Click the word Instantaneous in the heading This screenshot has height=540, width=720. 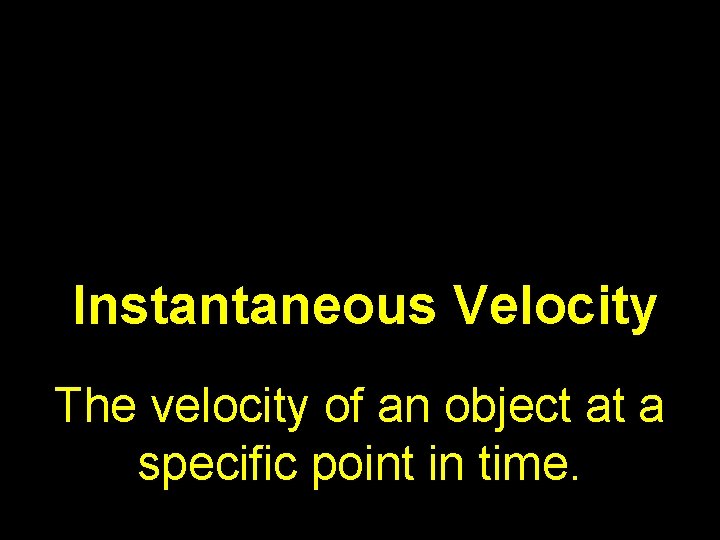point(255,307)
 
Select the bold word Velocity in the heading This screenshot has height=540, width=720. point(556,307)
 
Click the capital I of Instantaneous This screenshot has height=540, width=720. point(81,307)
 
